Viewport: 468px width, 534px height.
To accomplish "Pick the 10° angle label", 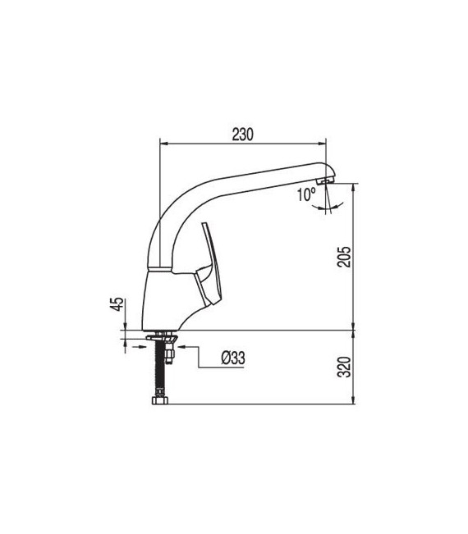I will pyautogui.click(x=306, y=195).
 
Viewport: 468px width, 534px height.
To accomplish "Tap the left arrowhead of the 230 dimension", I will pyautogui.click(x=162, y=144).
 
